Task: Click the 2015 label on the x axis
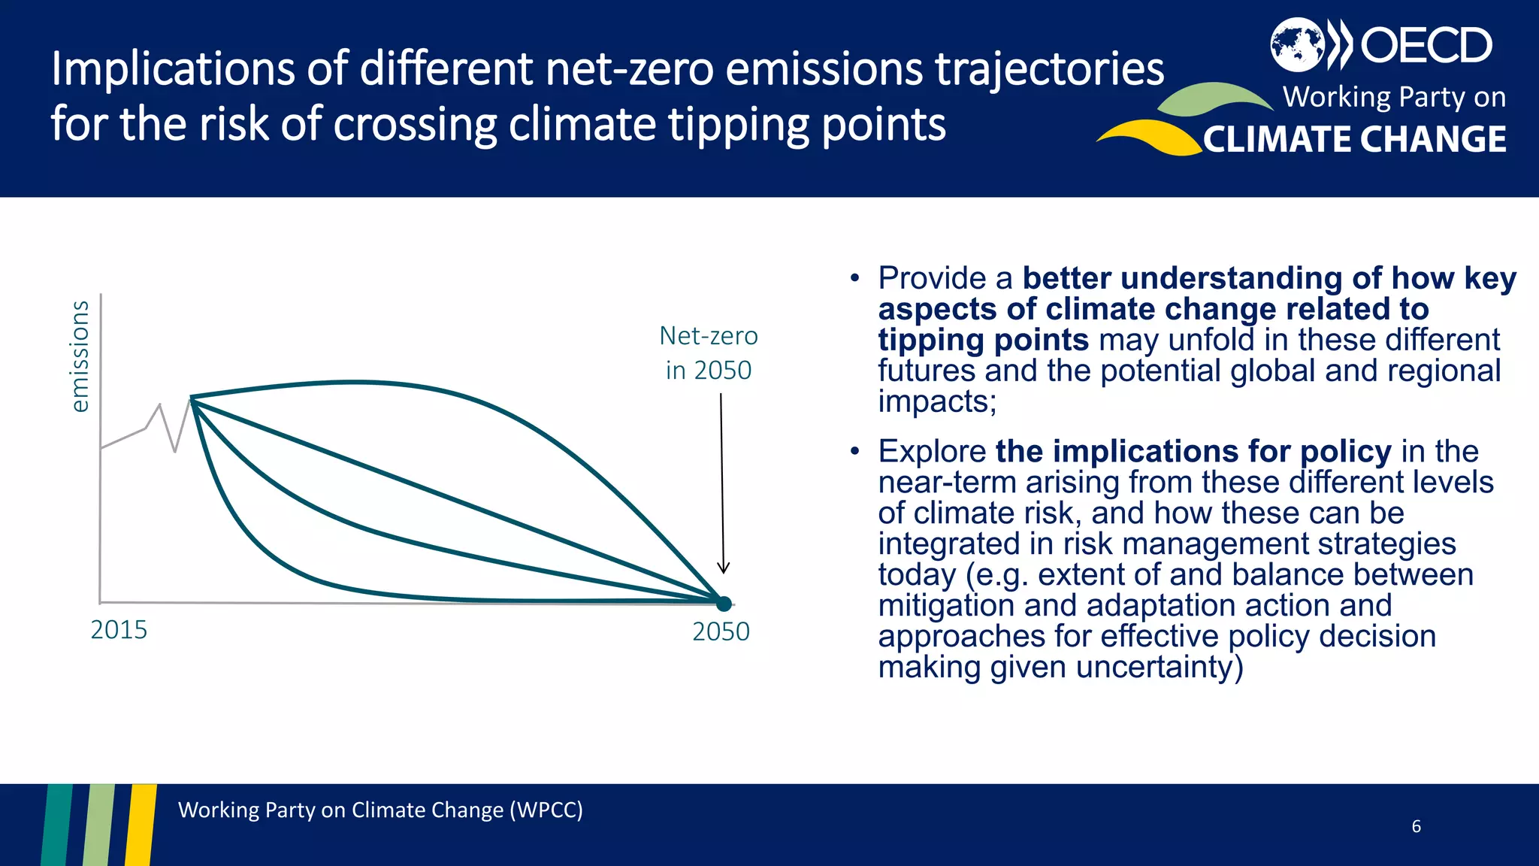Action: [119, 630]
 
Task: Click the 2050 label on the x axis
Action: [721, 631]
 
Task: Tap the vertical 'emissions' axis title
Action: [79, 356]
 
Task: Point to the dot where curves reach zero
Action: [724, 603]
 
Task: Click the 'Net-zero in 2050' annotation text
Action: [708, 353]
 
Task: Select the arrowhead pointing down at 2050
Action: [723, 568]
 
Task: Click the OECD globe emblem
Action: [1296, 45]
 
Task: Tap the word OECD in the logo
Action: [1426, 46]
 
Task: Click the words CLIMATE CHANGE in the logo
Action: [1354, 140]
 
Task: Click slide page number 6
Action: [1416, 826]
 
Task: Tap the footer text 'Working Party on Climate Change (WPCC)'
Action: [380, 810]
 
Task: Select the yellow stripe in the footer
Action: [141, 824]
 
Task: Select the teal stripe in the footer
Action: [57, 824]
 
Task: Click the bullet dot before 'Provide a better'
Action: [854, 279]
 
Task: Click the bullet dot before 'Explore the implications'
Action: [854, 452]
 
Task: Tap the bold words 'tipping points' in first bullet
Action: [983, 341]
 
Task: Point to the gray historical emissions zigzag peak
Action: [159, 405]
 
